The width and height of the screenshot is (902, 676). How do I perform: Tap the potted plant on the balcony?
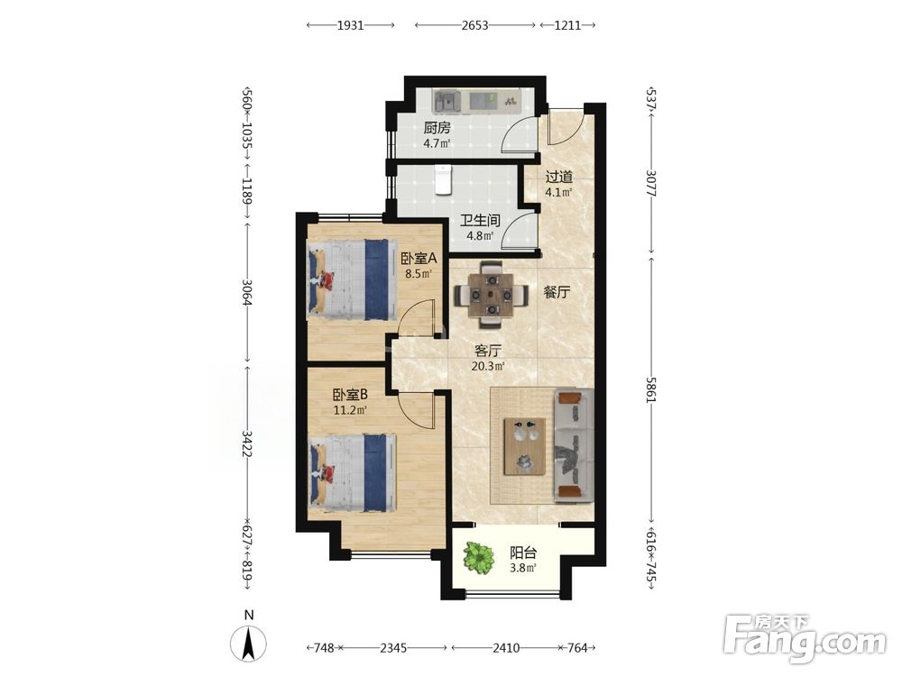(479, 558)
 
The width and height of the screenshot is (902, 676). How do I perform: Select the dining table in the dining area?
(491, 295)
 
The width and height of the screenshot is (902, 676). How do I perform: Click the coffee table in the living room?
(525, 447)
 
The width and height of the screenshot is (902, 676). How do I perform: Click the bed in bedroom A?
(352, 280)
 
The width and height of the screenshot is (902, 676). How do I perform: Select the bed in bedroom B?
(352, 472)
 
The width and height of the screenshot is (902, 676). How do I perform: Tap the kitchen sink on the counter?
(447, 102)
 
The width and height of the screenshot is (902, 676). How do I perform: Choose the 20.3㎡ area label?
(488, 366)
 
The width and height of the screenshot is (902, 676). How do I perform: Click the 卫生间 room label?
(480, 220)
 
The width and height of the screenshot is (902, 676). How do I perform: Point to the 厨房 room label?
(437, 128)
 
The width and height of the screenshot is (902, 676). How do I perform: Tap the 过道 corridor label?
(558, 177)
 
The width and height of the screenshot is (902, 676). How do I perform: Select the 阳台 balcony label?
(523, 553)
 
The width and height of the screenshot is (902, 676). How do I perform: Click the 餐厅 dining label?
(557, 292)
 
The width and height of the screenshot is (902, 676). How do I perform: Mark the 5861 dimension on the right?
(650, 389)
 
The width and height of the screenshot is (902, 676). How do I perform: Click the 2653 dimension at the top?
(474, 25)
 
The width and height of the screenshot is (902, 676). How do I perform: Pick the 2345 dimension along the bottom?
(393, 648)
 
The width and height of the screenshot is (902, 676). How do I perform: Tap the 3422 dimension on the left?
(247, 443)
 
